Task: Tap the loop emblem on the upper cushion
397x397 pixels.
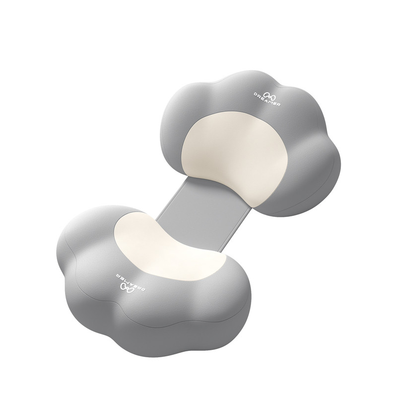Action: point(269,95)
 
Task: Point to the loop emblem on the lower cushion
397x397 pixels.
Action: point(126,287)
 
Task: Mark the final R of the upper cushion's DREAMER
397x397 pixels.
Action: point(278,104)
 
